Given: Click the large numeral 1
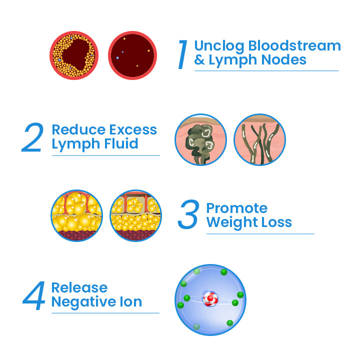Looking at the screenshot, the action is pyautogui.click(x=183, y=54).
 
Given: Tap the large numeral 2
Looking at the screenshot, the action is pyautogui.click(x=32, y=137).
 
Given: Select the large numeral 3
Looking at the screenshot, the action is pyautogui.click(x=188, y=214).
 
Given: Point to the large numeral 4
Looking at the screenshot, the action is pyautogui.click(x=34, y=295).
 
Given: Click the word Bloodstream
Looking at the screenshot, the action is pyautogui.click(x=294, y=45).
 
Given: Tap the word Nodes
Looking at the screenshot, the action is pyautogui.click(x=284, y=59).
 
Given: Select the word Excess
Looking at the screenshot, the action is pyautogui.click(x=133, y=129).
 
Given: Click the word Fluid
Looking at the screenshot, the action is pyautogui.click(x=121, y=143).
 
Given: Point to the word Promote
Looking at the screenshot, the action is pyautogui.click(x=237, y=208).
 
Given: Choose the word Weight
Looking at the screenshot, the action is pyautogui.click(x=232, y=222).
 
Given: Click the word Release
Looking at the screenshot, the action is pyautogui.click(x=79, y=287).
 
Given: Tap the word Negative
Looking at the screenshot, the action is pyautogui.click(x=83, y=301).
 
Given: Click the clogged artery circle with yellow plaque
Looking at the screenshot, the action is pyautogui.click(x=74, y=55).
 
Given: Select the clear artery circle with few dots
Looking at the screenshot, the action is pyautogui.click(x=132, y=55).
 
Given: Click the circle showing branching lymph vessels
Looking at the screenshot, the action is pyautogui.click(x=259, y=139).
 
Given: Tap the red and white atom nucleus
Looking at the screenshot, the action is pyautogui.click(x=210, y=298).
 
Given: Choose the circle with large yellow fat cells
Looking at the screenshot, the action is pyautogui.click(x=76, y=215).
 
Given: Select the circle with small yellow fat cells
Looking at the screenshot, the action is pyautogui.click(x=135, y=215).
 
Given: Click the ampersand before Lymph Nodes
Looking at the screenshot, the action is pyautogui.click(x=199, y=60).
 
